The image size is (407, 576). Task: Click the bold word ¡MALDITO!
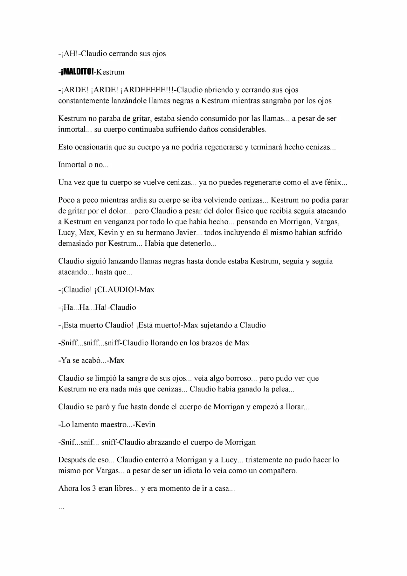(77, 72)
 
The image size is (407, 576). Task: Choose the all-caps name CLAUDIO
(117, 290)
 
